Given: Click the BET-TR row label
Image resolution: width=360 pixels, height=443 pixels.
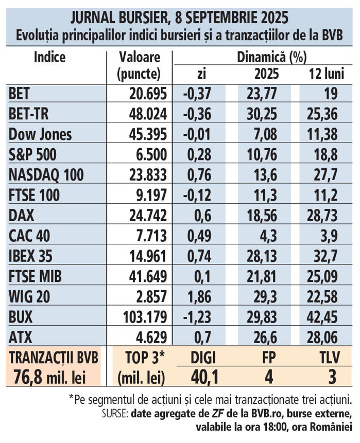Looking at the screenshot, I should pos(29,113).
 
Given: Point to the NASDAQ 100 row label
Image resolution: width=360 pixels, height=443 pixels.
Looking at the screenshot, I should pos(41,174).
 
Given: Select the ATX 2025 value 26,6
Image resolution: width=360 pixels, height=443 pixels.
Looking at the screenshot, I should pos(267,338).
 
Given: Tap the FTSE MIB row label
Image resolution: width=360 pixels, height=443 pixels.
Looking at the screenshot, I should pos(36,276).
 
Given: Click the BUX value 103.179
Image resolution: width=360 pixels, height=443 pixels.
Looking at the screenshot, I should pos(139,317).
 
